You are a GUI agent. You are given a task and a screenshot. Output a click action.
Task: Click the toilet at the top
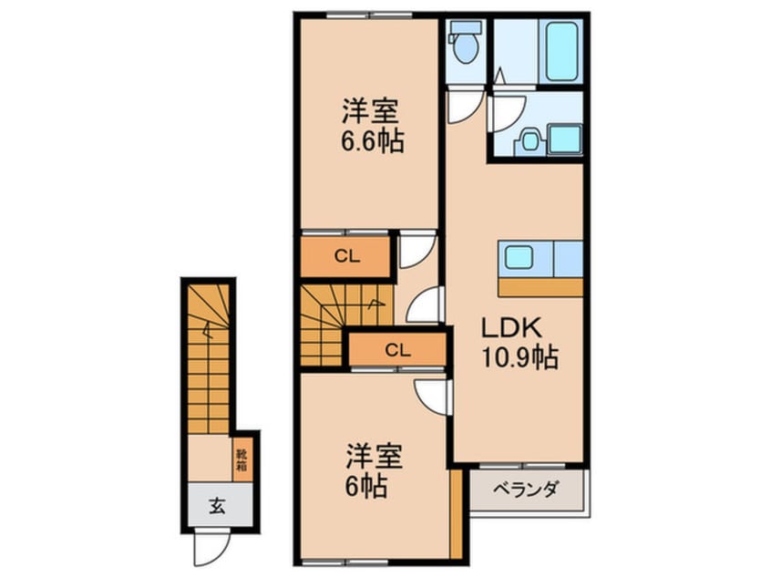coord(467,46)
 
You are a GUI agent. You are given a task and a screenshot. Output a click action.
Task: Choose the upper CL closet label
coord(345,257)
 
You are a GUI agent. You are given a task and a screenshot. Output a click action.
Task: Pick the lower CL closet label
coord(396,348)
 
